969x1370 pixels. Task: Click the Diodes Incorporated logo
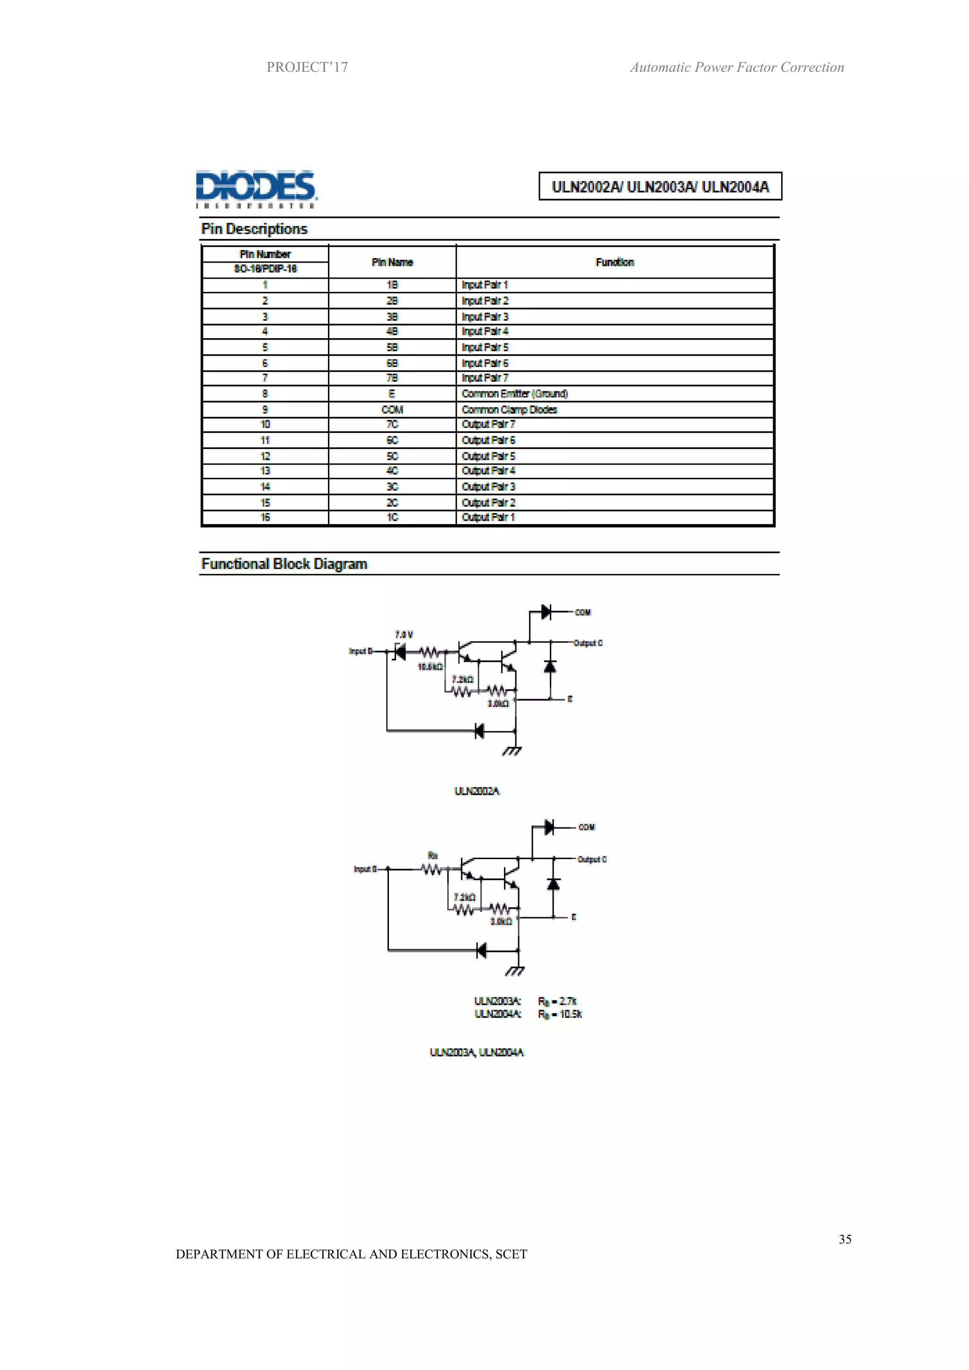point(256,189)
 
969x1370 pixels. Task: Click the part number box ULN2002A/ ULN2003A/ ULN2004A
point(660,187)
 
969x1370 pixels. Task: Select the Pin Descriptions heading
point(254,229)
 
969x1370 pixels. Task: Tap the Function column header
point(615,262)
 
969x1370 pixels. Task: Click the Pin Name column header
point(392,262)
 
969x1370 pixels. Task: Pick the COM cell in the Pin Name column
point(392,409)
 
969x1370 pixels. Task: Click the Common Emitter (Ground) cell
point(514,394)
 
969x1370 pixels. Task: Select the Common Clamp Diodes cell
point(509,409)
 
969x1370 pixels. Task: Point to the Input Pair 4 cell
point(484,331)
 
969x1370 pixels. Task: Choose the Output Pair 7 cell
point(488,424)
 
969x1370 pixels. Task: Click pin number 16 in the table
point(265,518)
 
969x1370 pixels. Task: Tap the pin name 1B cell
point(392,285)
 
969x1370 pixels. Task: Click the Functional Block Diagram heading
point(284,564)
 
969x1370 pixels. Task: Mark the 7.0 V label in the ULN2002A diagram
point(404,634)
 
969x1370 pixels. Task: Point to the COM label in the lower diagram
point(587,827)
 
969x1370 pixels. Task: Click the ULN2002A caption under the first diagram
point(477,791)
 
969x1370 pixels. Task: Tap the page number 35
point(845,1239)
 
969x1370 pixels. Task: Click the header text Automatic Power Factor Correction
point(737,68)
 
